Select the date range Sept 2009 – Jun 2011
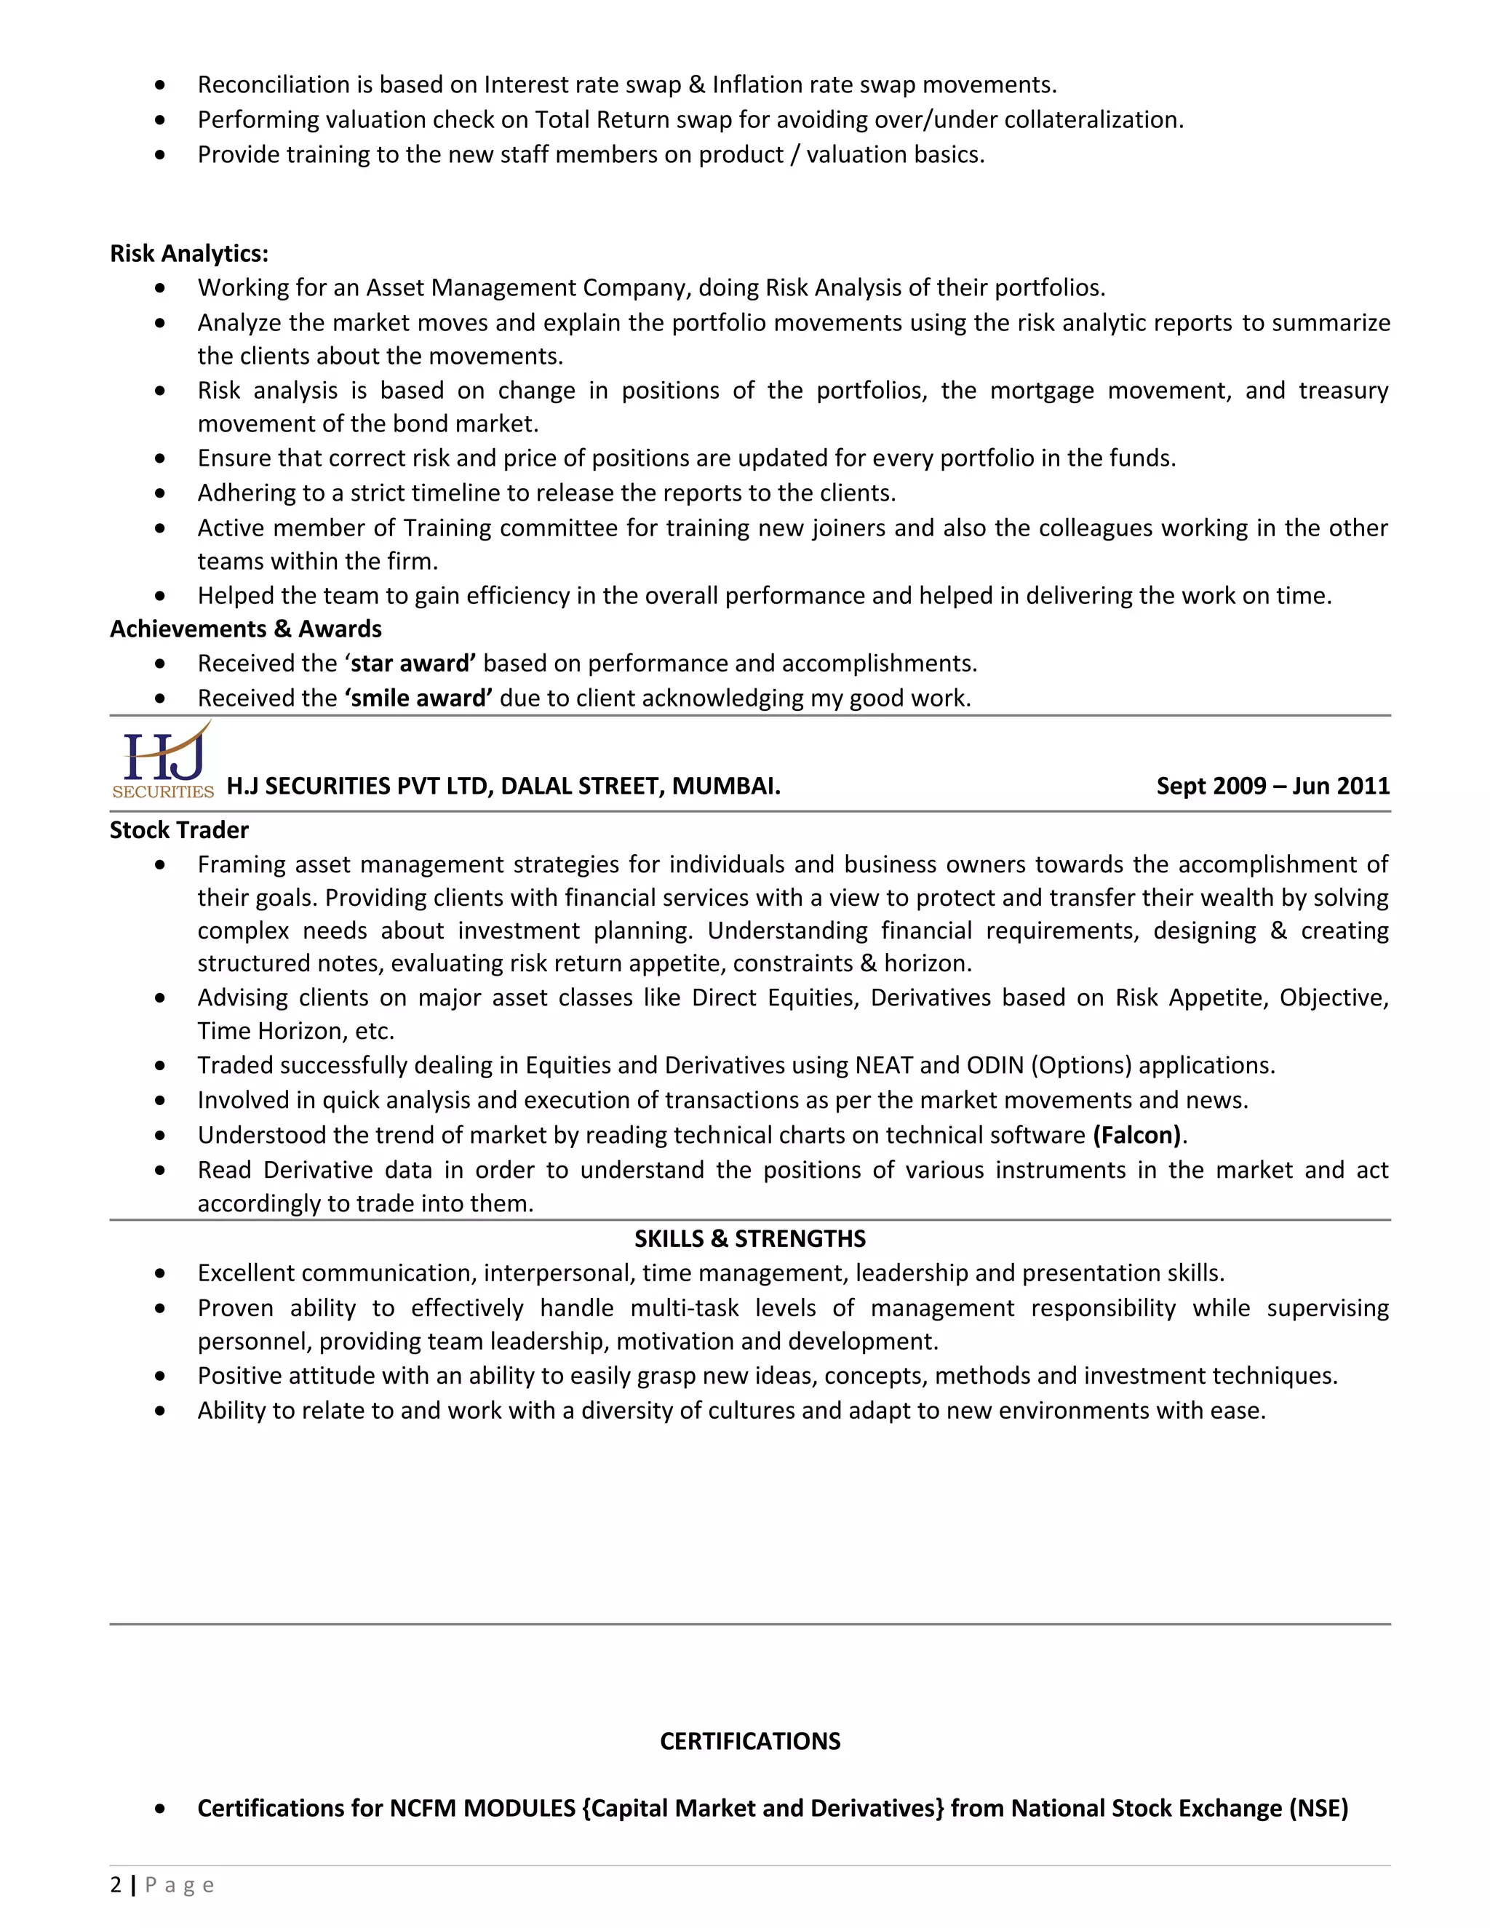pyautogui.click(x=1273, y=786)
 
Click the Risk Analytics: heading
pyautogui.click(x=189, y=253)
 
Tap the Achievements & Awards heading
pyautogui.click(x=245, y=629)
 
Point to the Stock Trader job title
pyautogui.click(x=179, y=830)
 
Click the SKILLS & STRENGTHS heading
pyautogui.click(x=749, y=1238)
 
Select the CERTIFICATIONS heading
pyautogui.click(x=749, y=1741)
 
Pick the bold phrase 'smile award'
pyautogui.click(x=418, y=698)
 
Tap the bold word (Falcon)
pyautogui.click(x=1137, y=1134)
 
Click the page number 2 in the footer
pyautogui.click(x=116, y=1885)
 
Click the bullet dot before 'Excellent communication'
pyautogui.click(x=160, y=1273)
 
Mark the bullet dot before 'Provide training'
pyautogui.click(x=160, y=154)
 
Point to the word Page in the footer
pyautogui.click(x=179, y=1886)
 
